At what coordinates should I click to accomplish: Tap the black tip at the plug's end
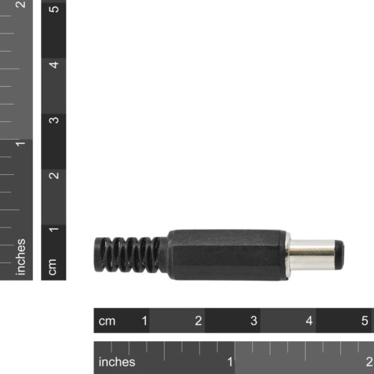click(x=339, y=255)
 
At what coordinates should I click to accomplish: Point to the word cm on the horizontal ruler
click(x=108, y=321)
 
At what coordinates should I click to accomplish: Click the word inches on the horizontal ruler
click(x=117, y=362)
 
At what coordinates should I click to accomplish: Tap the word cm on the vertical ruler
click(x=53, y=266)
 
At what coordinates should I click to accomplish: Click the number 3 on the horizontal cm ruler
click(x=254, y=321)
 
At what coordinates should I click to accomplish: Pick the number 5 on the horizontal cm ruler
click(x=365, y=321)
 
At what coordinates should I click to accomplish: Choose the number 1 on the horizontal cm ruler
click(x=144, y=321)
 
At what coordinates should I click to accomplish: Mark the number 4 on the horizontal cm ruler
click(x=310, y=321)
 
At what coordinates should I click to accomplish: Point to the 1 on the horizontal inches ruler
click(x=230, y=362)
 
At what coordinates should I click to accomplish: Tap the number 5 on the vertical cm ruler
click(x=53, y=10)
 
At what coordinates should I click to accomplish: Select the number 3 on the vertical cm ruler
click(x=53, y=120)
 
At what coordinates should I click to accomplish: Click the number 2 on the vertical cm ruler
click(x=53, y=176)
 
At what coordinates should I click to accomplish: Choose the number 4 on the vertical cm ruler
click(x=53, y=64)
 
